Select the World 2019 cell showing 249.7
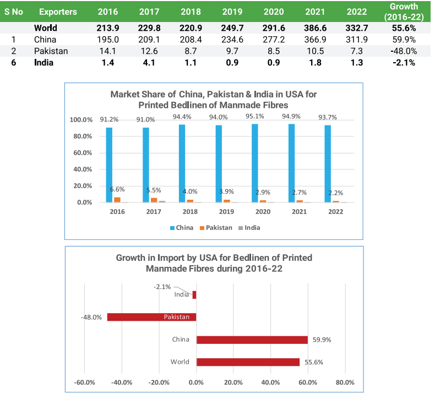click(232, 28)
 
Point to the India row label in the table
click(44, 63)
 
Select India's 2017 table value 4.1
click(150, 63)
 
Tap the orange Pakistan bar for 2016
click(117, 199)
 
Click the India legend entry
click(249, 227)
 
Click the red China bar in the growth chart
click(252, 340)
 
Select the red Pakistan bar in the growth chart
click(151, 317)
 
